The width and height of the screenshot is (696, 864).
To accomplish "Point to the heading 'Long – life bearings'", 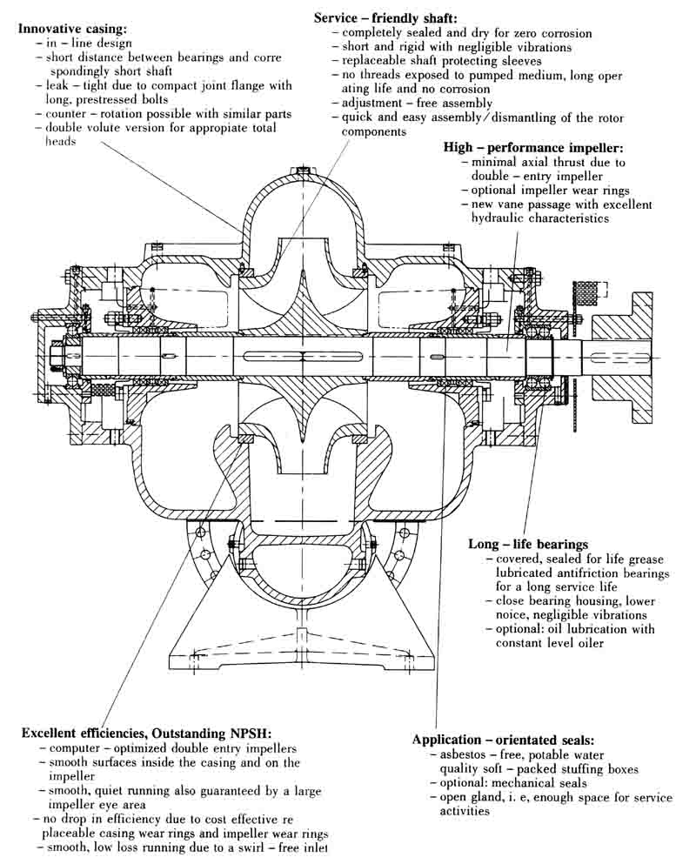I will click(528, 544).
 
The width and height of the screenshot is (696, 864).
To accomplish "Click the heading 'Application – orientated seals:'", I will click(503, 740).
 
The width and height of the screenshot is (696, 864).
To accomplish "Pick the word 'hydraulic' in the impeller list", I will click(500, 218).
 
